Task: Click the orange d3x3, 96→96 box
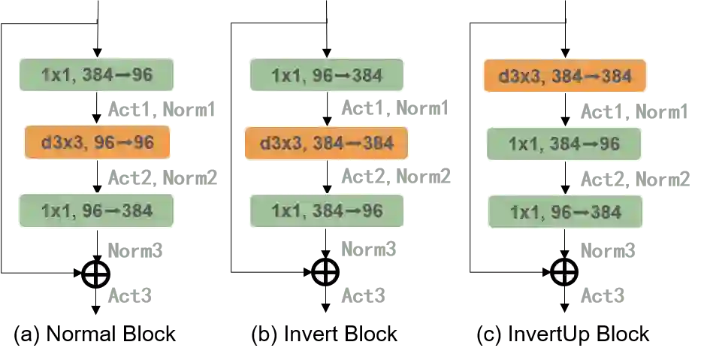97,142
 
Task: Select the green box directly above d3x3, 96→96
97,75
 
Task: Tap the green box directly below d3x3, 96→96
97,210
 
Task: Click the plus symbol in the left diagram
95,274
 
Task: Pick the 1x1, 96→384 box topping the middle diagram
327,75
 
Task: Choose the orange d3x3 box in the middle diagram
326,143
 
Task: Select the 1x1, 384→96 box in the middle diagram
327,211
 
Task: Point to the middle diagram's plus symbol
325,272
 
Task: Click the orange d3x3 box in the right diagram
565,75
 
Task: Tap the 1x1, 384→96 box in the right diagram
564,144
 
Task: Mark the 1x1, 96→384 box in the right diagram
566,212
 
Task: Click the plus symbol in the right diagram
564,272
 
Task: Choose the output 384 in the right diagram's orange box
607,75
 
